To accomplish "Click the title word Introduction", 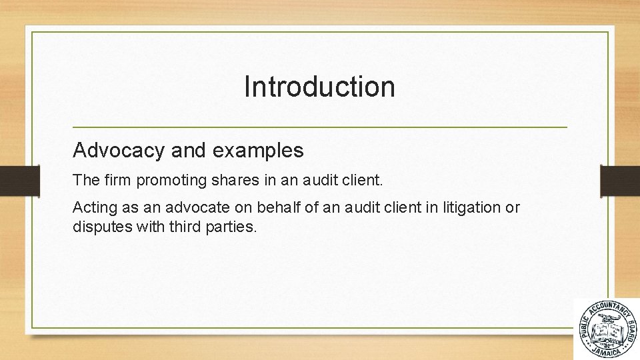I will pos(319,87).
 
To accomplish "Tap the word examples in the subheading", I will pos(258,151).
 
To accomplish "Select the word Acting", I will pos(91,208).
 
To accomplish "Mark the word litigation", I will pos(471,208).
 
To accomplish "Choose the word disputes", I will pos(97,227).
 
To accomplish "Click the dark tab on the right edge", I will pos(620,180).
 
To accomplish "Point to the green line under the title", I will pos(319,127).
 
